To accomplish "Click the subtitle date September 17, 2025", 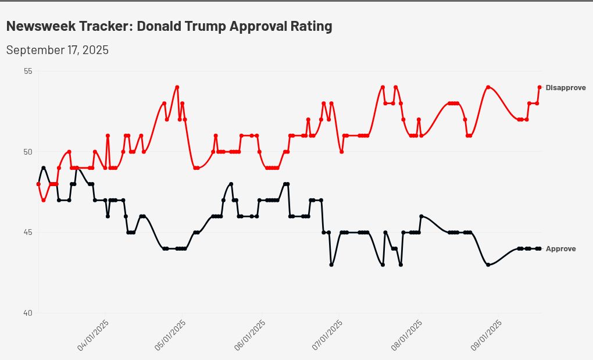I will click(57, 50).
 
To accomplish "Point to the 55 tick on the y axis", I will click(28, 71).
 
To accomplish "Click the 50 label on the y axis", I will click(28, 152).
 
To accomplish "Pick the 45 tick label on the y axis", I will click(28, 233).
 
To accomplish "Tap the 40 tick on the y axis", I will click(28, 313).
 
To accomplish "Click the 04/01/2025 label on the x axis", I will click(94, 334).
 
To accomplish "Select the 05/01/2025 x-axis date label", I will click(171, 334).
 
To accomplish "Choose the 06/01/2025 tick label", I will click(250, 334).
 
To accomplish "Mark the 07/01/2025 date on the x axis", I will click(327, 334).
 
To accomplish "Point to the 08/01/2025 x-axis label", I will click(407, 334).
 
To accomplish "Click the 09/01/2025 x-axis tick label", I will click(486, 334).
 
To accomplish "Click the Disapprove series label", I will click(565, 88).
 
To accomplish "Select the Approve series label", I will click(560, 249).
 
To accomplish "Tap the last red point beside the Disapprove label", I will click(540, 87).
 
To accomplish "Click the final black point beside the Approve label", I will click(540, 248).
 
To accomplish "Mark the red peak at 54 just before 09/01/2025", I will click(488, 87).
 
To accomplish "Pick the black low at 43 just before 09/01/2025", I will click(488, 265).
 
